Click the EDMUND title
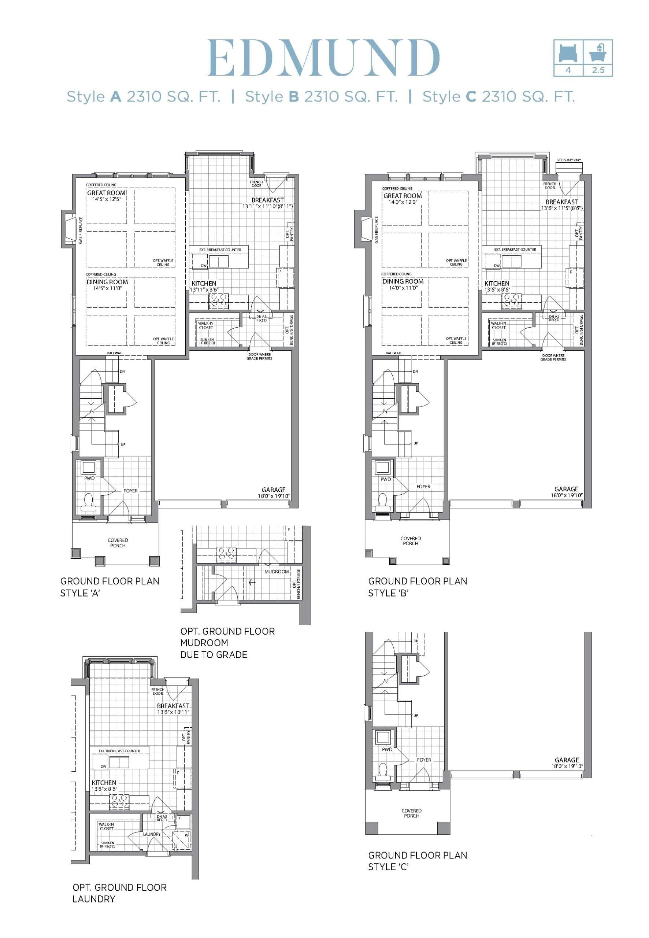(324, 58)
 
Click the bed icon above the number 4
(568, 52)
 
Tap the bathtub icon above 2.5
(598, 52)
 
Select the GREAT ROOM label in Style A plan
(106, 193)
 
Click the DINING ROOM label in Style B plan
(403, 281)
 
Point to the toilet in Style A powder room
(88, 502)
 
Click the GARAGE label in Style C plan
(567, 760)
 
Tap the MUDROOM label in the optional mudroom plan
(277, 572)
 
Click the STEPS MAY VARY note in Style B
(569, 160)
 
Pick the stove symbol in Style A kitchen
(219, 302)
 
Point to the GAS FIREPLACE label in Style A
(81, 230)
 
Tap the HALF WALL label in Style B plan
(394, 353)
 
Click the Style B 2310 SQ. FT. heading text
(321, 97)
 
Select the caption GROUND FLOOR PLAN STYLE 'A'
(110, 587)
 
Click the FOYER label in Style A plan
(130, 491)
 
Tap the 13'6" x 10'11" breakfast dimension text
(173, 712)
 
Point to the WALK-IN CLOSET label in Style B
(498, 325)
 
